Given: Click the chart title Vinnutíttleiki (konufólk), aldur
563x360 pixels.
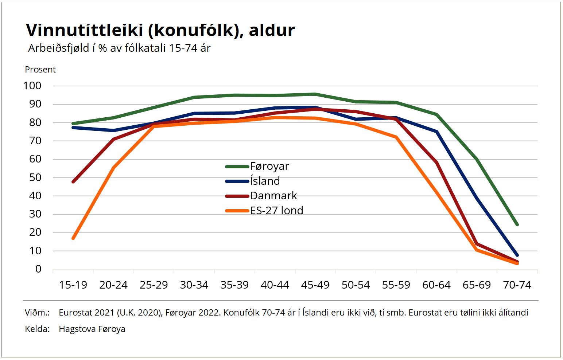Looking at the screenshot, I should pos(160,30).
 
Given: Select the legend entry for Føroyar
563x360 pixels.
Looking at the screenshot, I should pos(269,166).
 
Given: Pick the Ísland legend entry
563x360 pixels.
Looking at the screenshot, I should pos(265,181).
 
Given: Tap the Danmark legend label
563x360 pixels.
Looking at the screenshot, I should pos(273,196).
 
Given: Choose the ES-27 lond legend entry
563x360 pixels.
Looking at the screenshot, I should pos(276,211).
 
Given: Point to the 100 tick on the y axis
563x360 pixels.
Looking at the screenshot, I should pos(32,86).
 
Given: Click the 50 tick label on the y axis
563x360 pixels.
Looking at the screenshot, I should pos(35,177).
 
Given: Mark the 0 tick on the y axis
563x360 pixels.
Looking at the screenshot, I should pos(38,269).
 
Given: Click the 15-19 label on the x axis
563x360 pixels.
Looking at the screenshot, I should pos(73,285).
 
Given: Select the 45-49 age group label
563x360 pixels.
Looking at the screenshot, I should pos(315,285).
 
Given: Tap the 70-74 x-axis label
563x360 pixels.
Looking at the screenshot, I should pos(517,285).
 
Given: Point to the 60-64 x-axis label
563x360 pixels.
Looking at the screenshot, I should pos(436,285).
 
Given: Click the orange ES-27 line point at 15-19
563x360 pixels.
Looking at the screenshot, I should pos(73,238).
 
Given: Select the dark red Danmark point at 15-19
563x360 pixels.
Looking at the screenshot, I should pos(73,181).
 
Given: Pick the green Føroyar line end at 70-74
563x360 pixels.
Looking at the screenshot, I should pos(517,224).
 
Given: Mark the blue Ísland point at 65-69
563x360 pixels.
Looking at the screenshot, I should pos(477,198).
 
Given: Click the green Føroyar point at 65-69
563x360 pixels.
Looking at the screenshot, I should pos(477,160).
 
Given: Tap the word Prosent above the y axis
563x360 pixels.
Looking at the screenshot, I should pos(40,70).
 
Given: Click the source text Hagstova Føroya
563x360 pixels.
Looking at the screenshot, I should pos(92,329).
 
